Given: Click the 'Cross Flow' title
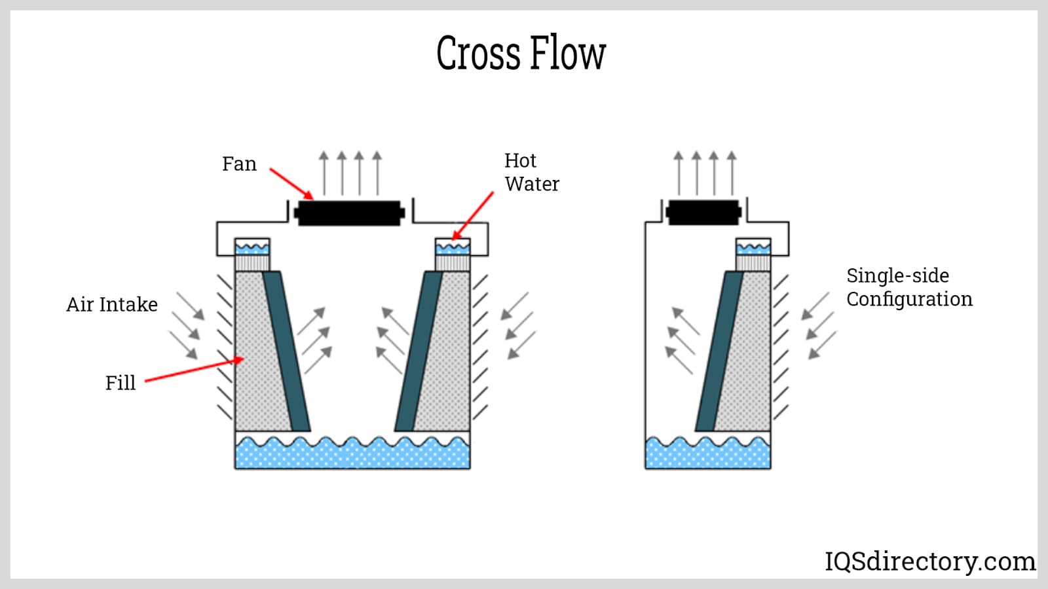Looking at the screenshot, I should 521,53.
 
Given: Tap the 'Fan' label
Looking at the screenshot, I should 239,164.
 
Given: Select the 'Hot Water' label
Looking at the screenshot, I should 531,172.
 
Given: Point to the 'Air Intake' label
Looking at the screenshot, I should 112,304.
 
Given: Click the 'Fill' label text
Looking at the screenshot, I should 121,383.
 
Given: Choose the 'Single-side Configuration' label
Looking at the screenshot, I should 909,287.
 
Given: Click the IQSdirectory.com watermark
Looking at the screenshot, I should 929,562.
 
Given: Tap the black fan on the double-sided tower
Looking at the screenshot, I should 349,213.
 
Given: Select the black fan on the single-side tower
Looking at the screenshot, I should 703,212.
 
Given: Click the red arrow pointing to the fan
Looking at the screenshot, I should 291,183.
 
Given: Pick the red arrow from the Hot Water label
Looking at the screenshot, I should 473,215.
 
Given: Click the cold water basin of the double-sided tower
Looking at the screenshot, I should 352,453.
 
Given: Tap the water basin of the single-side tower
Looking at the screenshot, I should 707,454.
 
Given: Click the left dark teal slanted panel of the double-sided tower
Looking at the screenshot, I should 286,350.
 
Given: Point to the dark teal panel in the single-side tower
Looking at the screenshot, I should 719,350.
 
